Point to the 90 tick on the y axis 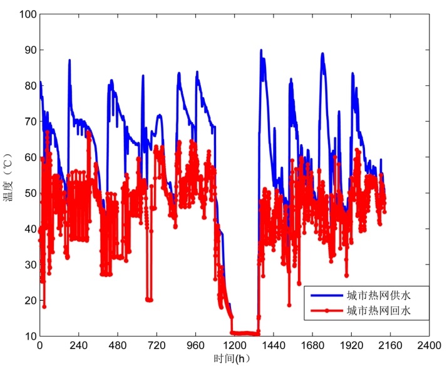[28, 50]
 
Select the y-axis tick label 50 [28, 193]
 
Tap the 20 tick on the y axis [28, 300]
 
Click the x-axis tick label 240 [78, 346]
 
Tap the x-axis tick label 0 [39, 346]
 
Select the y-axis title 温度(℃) [8, 175]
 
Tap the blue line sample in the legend [324, 295]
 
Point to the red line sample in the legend [324, 310]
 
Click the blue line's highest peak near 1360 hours [260, 50]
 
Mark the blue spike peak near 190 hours [69, 60]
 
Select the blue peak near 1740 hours [322, 54]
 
